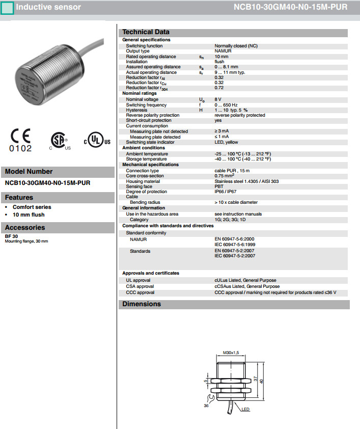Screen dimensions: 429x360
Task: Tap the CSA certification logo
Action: point(60,140)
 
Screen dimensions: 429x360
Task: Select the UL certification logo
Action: point(97,141)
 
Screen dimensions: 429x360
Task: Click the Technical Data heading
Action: point(146,32)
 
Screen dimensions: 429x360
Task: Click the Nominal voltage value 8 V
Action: point(218,99)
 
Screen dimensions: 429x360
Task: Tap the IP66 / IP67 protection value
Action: point(226,192)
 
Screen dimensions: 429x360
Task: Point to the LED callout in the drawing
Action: point(245,409)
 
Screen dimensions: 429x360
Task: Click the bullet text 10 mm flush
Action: point(29,214)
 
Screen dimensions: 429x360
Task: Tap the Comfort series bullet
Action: point(32,207)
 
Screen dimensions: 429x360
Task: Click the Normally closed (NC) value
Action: point(236,46)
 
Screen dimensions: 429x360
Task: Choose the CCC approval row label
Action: point(140,292)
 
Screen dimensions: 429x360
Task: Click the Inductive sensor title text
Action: point(48,7)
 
